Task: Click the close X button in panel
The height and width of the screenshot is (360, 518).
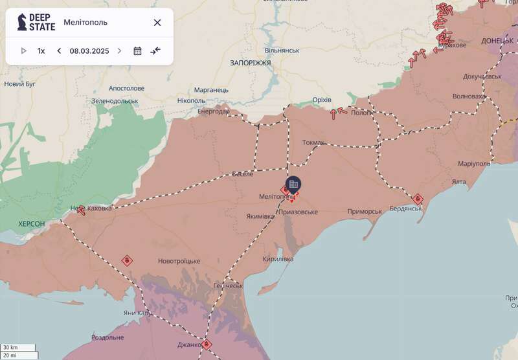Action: tap(157, 23)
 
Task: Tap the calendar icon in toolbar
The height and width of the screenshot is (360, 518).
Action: tap(137, 51)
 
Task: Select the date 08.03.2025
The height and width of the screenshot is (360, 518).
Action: tap(89, 51)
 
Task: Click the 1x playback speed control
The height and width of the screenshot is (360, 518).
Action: tap(41, 51)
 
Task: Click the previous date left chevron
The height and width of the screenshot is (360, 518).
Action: tap(59, 51)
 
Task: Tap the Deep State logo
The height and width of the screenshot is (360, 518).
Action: tap(36, 23)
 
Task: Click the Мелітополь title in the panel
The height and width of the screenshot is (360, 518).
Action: tap(85, 23)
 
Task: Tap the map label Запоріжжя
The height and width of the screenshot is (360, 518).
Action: tap(250, 63)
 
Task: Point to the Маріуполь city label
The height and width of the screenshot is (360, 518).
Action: tap(474, 163)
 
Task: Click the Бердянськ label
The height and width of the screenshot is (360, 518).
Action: tap(405, 208)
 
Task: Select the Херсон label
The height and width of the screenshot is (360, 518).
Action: tap(32, 223)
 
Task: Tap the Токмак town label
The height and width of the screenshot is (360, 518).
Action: tap(313, 142)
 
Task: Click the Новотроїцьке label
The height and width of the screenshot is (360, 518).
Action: tap(179, 261)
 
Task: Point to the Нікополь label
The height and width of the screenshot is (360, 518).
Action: tap(191, 101)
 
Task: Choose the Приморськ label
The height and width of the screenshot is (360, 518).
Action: tap(365, 212)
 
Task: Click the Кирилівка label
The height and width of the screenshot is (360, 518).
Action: tap(278, 259)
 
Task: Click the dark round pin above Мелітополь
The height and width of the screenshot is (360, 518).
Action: tap(293, 184)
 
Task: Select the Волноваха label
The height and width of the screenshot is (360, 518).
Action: tap(469, 96)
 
